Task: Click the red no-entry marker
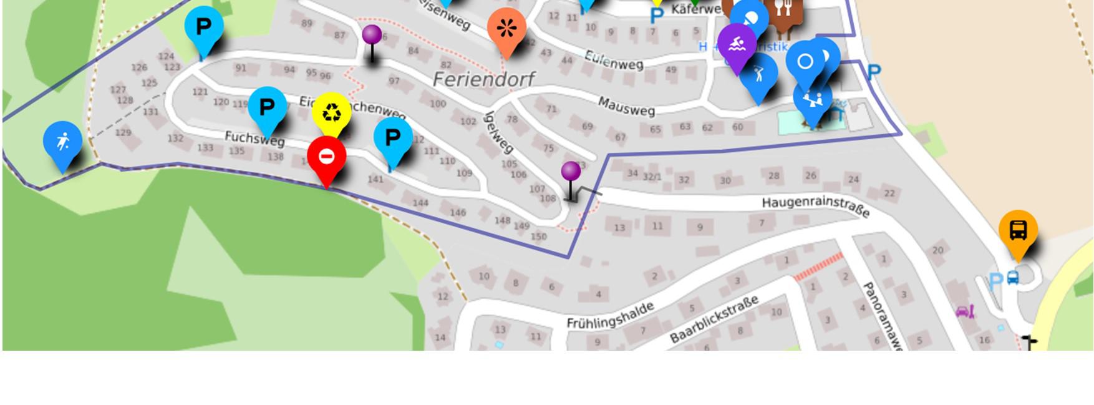click(326, 157)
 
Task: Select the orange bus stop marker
click(1018, 230)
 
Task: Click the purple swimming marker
click(737, 44)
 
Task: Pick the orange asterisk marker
click(506, 29)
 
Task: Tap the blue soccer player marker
click(62, 142)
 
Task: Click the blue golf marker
click(758, 74)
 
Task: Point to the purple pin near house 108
click(571, 172)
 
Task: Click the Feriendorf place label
click(483, 79)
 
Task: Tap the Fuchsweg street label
click(254, 139)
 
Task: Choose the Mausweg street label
click(626, 107)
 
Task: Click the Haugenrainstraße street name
click(815, 207)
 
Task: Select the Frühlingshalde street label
click(610, 315)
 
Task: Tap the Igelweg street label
click(500, 132)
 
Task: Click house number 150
click(538, 237)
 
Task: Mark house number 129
click(123, 132)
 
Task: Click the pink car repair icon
click(965, 311)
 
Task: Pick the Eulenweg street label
click(614, 60)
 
